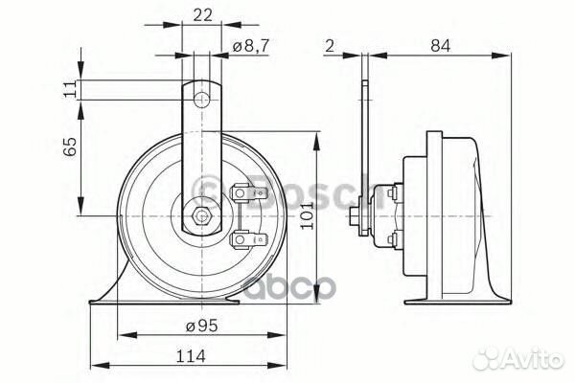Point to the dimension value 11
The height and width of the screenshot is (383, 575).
point(68,89)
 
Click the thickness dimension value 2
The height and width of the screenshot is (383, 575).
point(329,44)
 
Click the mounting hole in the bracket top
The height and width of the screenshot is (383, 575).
point(201,99)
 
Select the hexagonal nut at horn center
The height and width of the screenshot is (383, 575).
point(201,214)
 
